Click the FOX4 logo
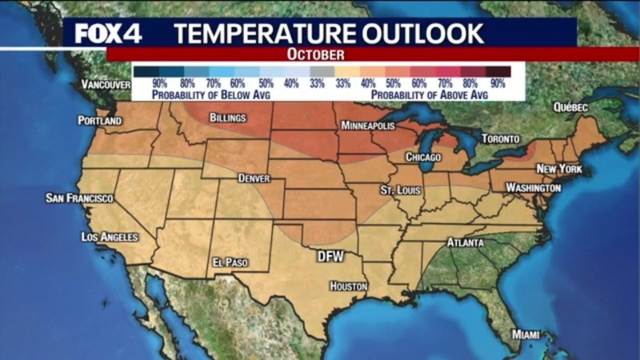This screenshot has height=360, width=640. pos(108,32)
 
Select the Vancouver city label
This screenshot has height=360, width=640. pos(105,85)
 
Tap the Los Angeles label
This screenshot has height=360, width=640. pos(110,237)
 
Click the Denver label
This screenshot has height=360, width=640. pos(254,178)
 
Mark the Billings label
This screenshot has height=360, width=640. pos(228,118)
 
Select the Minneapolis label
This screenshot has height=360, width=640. pos(367,127)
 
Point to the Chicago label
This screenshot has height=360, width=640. pos(424,157)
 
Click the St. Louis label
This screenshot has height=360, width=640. pos(400,189)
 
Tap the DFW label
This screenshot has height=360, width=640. pos(330,256)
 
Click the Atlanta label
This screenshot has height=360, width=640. pos(465,243)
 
